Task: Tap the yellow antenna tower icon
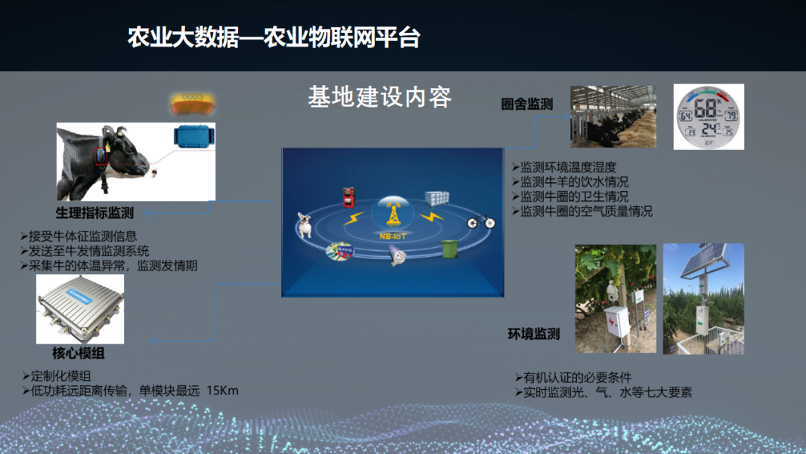click(392, 214)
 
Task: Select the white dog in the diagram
click(304, 224)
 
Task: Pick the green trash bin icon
click(449, 248)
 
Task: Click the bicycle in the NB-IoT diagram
click(481, 221)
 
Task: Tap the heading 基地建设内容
click(380, 97)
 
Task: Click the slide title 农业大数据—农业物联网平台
click(273, 37)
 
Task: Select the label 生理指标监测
click(95, 213)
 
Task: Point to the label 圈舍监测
click(527, 105)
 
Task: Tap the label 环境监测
click(534, 334)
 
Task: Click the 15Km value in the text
click(222, 390)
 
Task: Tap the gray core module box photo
click(80, 308)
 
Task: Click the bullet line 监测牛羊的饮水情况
click(574, 181)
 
